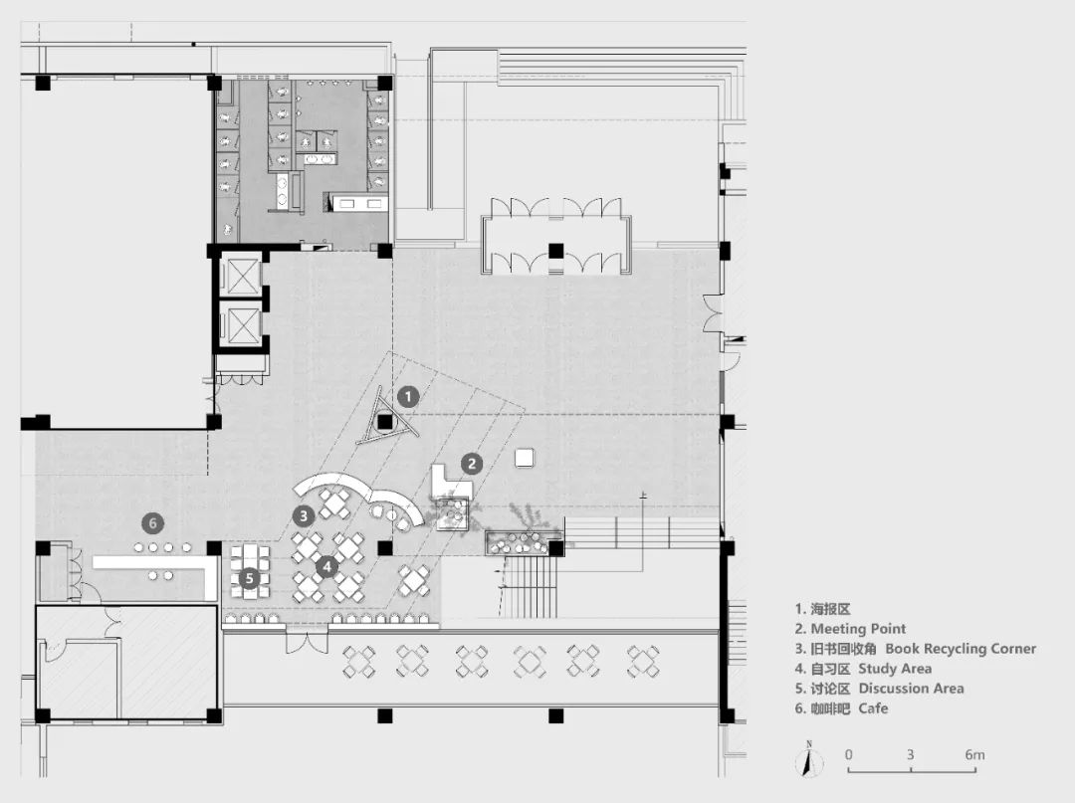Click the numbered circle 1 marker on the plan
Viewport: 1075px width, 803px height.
(x=406, y=396)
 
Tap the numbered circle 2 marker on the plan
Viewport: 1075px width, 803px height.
(x=472, y=463)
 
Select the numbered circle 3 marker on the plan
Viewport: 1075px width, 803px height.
(x=304, y=514)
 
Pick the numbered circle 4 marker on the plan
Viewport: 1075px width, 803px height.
(x=326, y=567)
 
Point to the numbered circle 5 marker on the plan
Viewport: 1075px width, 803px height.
(x=251, y=577)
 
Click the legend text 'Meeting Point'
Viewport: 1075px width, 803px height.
(x=858, y=629)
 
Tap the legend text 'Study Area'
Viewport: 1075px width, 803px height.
(x=895, y=669)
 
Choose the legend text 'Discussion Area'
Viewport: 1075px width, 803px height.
(x=911, y=689)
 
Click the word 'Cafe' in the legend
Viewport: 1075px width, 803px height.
(x=872, y=708)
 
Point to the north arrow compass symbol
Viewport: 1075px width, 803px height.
(x=809, y=761)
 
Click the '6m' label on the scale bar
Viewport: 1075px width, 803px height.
(x=974, y=755)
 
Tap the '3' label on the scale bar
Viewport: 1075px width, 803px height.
(x=910, y=755)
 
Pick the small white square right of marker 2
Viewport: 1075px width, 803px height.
(x=526, y=457)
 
